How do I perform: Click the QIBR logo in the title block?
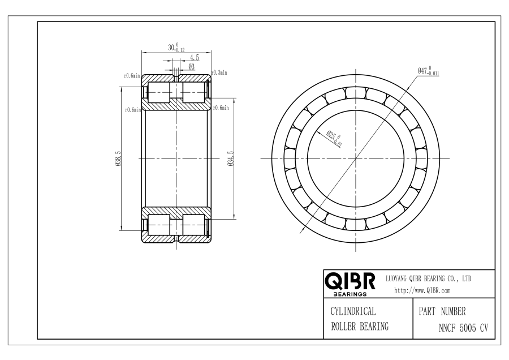point(350,284)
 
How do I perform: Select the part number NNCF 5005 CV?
point(463,328)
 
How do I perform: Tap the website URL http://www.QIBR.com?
point(422,290)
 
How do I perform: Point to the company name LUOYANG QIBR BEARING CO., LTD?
point(428,278)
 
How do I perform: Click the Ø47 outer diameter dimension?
point(428,71)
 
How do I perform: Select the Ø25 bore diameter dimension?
point(334,139)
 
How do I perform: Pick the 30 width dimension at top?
point(176,48)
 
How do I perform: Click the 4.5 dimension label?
point(195,58)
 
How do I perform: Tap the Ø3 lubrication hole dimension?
point(192,67)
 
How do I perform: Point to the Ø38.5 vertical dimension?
point(118,158)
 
